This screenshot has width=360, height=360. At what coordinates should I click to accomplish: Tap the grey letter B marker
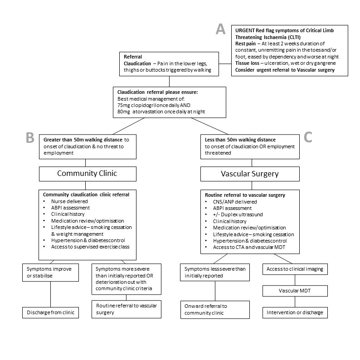[30, 137]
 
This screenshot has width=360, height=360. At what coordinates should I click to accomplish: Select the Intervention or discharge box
[295, 312]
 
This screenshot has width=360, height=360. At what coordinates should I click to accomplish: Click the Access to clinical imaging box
[295, 269]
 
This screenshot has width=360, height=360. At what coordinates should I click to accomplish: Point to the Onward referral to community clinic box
[215, 309]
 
